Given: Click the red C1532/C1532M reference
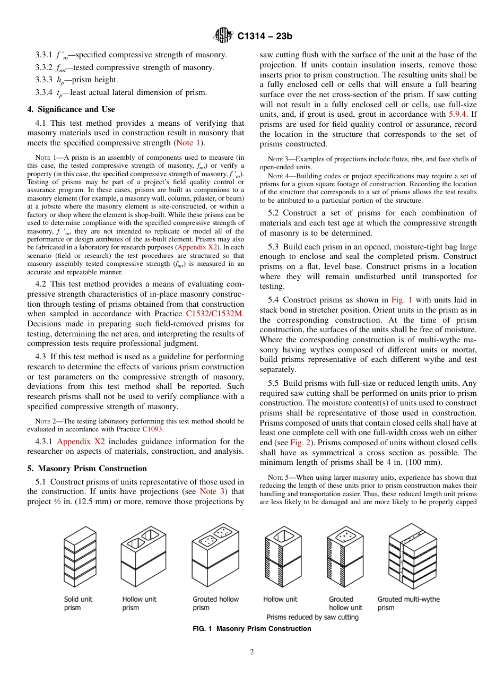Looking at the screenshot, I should [215, 314].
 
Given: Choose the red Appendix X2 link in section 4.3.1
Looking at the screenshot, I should [81, 442].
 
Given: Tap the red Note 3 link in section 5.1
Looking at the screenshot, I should [212, 491].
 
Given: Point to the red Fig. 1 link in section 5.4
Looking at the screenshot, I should [401, 300].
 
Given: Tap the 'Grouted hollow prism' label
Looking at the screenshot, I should [215, 603].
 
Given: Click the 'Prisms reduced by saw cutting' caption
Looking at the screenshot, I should [312, 617].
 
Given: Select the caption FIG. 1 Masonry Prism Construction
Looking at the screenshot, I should [252, 629].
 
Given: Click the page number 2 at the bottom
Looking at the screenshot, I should [252, 652].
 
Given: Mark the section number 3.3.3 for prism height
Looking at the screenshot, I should [44, 80].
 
